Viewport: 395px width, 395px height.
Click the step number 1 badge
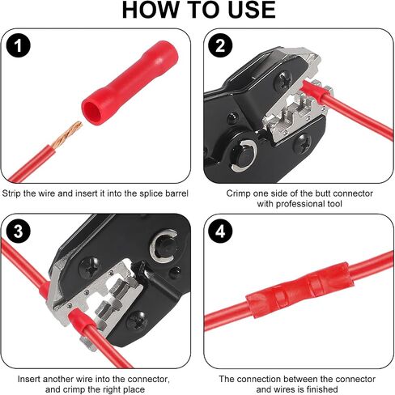click(x=18, y=45)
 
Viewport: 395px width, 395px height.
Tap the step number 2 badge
click(x=220, y=45)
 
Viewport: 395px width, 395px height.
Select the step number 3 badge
click(x=18, y=231)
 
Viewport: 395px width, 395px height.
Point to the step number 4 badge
click(x=220, y=231)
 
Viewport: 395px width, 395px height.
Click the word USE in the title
click(x=252, y=10)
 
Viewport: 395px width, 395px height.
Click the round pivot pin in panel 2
click(x=244, y=155)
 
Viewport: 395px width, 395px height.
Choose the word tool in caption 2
click(x=334, y=204)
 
